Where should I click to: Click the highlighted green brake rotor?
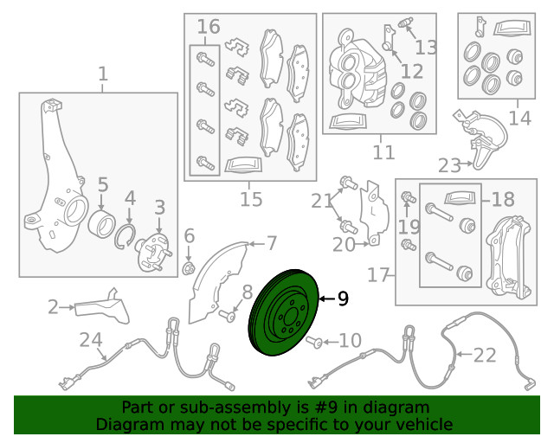point(284,312)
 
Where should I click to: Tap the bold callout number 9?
point(343,299)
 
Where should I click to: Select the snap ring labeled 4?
point(125,236)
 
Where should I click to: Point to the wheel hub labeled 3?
point(154,253)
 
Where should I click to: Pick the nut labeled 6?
point(189,268)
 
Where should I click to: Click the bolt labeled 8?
point(227,316)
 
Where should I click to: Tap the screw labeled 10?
point(314,342)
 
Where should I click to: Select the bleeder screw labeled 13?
point(405,22)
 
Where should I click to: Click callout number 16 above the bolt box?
point(209,27)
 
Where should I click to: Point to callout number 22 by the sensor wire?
point(485,355)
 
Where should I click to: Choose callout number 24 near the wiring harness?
point(91,340)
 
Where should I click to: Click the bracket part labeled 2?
point(102,307)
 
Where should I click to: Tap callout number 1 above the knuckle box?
point(102,74)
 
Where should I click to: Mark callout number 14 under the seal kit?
point(519,118)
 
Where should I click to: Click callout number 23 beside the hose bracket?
point(449,165)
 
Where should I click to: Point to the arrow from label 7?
point(256,244)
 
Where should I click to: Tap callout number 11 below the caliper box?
point(383,152)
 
